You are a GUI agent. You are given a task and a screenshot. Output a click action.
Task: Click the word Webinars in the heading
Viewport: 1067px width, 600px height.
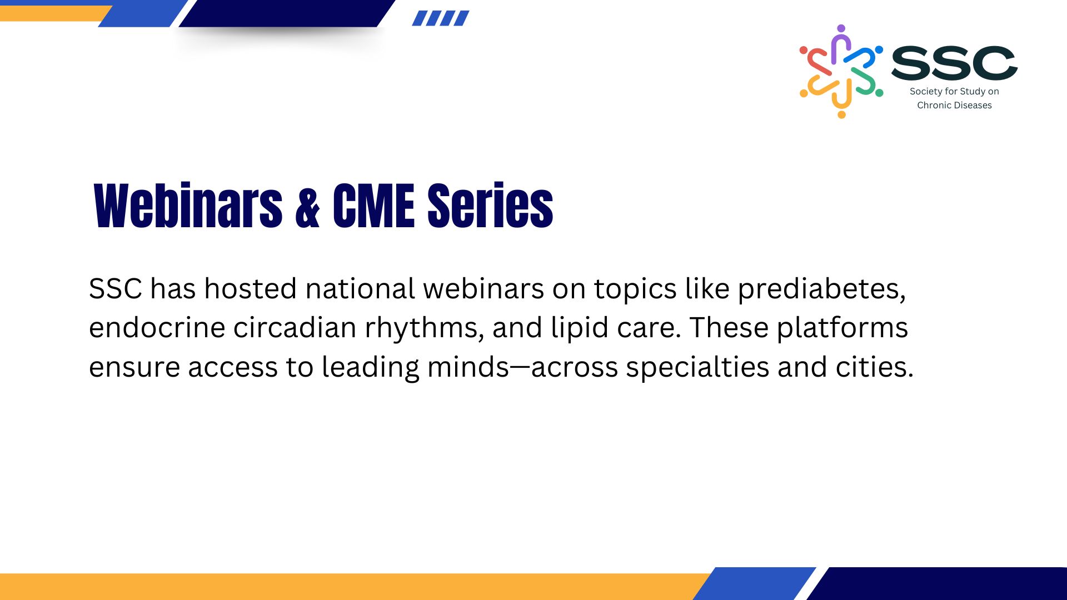[188, 206]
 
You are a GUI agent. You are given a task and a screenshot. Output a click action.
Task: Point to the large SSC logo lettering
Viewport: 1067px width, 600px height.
[954, 63]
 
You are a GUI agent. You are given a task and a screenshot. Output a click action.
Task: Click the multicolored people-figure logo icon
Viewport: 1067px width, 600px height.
[841, 71]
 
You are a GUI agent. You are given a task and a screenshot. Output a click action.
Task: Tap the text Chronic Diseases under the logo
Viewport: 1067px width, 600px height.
[954, 105]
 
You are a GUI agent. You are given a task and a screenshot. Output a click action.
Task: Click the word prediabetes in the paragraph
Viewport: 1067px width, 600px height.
[821, 289]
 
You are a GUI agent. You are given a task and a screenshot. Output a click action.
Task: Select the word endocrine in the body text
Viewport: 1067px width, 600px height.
[157, 328]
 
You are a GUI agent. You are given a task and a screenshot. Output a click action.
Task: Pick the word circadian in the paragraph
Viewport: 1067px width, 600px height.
[295, 328]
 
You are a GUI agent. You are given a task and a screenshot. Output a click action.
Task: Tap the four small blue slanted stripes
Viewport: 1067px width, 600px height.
[441, 18]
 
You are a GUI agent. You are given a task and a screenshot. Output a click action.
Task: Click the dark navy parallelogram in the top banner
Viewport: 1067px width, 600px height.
[287, 13]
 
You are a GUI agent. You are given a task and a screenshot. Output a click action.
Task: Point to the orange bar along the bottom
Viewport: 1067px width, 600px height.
[356, 587]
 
